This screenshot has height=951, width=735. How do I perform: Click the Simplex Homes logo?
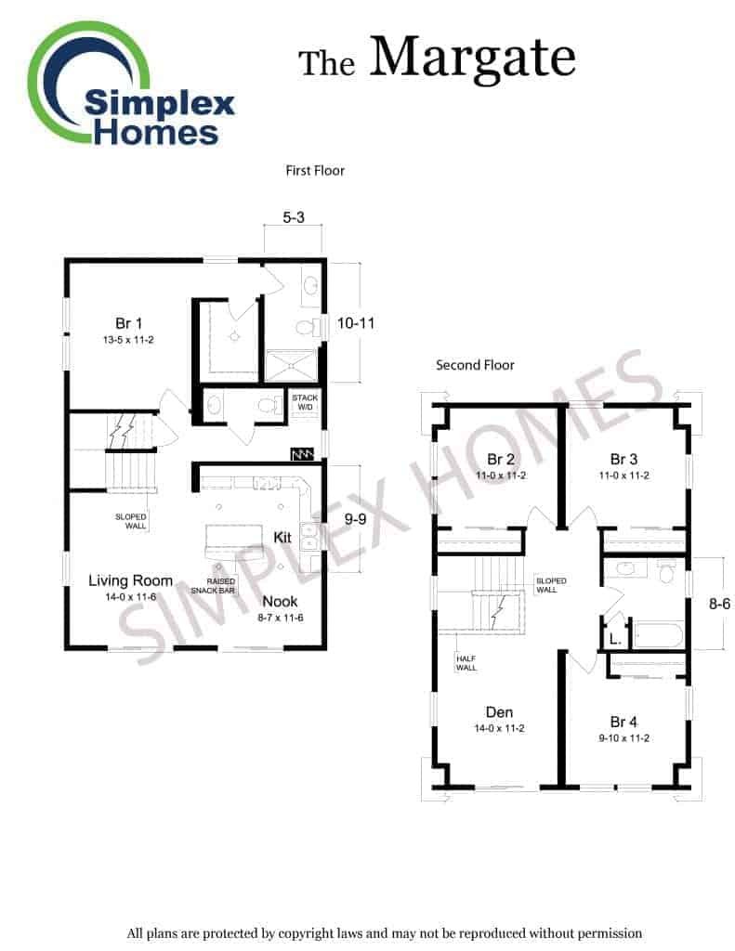[x=130, y=85]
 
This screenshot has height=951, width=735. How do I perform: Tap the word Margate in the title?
[x=473, y=59]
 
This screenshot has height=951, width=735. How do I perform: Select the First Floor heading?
[x=315, y=171]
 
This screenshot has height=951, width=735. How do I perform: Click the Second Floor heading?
[x=475, y=365]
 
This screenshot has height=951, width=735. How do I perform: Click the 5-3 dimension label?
[x=294, y=217]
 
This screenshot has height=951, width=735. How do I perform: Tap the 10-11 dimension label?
[x=356, y=323]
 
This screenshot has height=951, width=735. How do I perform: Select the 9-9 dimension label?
[x=355, y=519]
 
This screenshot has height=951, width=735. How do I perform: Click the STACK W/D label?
[x=305, y=402]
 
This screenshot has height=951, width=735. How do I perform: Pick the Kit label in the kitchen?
[x=282, y=538]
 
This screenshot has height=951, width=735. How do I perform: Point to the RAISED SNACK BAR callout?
[x=214, y=586]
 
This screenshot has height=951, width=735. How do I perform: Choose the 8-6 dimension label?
[x=720, y=604]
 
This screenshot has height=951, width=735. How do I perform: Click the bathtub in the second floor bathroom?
[x=659, y=635]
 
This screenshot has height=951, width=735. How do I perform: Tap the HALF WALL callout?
[x=466, y=663]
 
